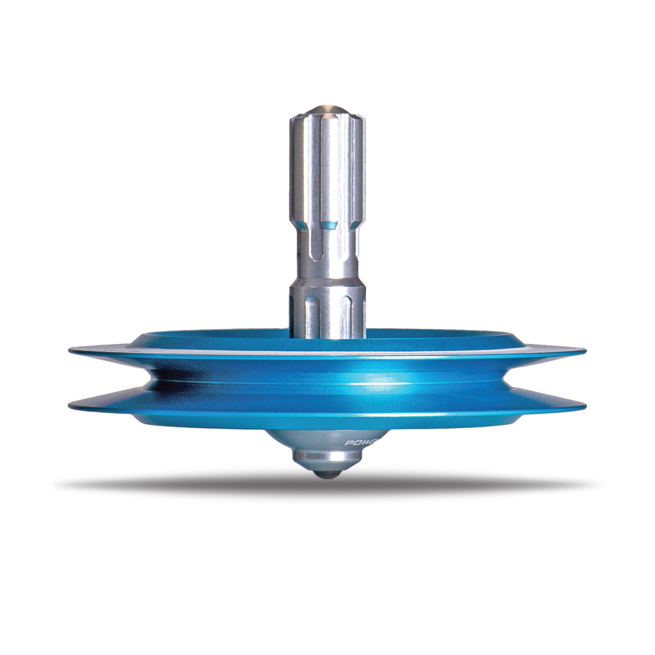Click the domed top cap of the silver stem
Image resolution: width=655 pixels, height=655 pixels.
click(327, 107)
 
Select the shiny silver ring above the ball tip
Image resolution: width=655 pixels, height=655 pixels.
click(327, 461)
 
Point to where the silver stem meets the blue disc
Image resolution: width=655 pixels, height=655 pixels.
click(327, 338)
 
